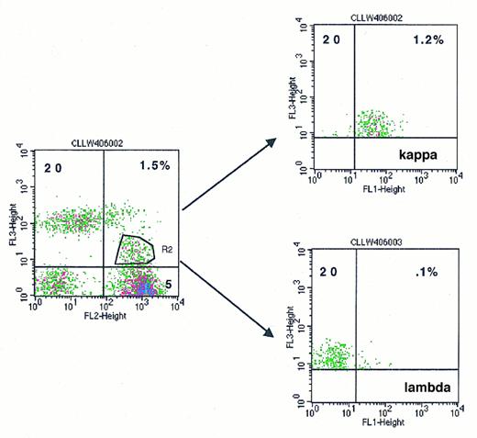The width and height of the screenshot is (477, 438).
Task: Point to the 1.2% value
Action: (x=429, y=40)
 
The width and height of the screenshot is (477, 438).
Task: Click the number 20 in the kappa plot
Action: (x=331, y=40)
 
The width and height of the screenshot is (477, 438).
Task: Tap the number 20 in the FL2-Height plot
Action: (x=52, y=166)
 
